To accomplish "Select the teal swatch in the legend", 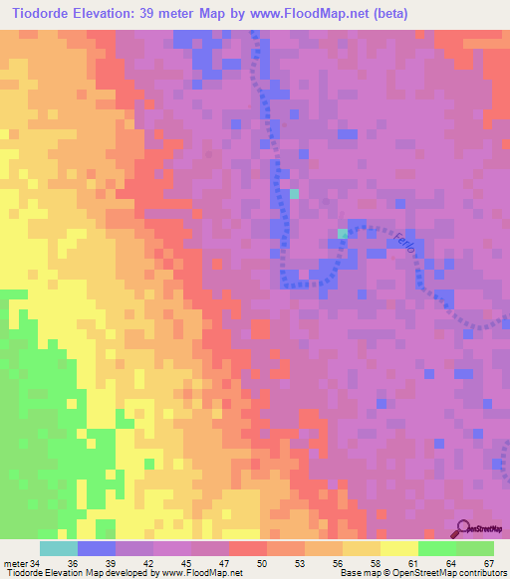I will pyautogui.click(x=58, y=548).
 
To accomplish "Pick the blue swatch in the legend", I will pyautogui.click(x=96, y=548).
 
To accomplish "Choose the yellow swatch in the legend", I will pyautogui.click(x=398, y=548).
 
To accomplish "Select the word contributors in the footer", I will pyautogui.click(x=483, y=572).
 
